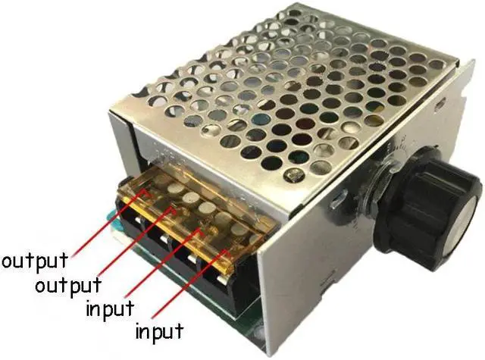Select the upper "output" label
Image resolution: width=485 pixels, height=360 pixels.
pyautogui.click(x=34, y=261)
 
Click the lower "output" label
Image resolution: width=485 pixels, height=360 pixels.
pyautogui.click(x=68, y=286)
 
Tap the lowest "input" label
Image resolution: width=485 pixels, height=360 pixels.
pyautogui.click(x=159, y=331)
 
